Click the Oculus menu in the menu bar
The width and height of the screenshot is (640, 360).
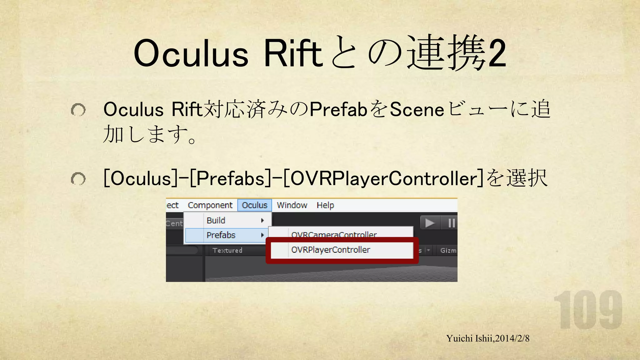click(x=254, y=205)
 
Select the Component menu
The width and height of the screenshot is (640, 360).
click(x=210, y=205)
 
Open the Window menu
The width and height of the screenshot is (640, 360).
click(x=292, y=205)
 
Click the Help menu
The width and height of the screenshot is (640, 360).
click(x=325, y=205)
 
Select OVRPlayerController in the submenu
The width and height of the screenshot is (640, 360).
click(x=331, y=250)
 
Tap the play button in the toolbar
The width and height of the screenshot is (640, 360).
click(x=430, y=223)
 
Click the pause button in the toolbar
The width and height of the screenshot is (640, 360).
click(x=451, y=223)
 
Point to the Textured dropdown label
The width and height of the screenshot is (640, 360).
click(x=227, y=250)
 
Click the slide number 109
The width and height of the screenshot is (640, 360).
click(x=588, y=310)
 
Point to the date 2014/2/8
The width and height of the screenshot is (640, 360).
click(x=512, y=338)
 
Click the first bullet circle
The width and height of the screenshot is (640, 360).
click(x=78, y=110)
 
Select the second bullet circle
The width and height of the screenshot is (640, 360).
click(x=78, y=179)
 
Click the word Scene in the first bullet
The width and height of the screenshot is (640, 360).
click(x=417, y=110)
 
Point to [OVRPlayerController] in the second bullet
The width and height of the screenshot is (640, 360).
click(x=383, y=178)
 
